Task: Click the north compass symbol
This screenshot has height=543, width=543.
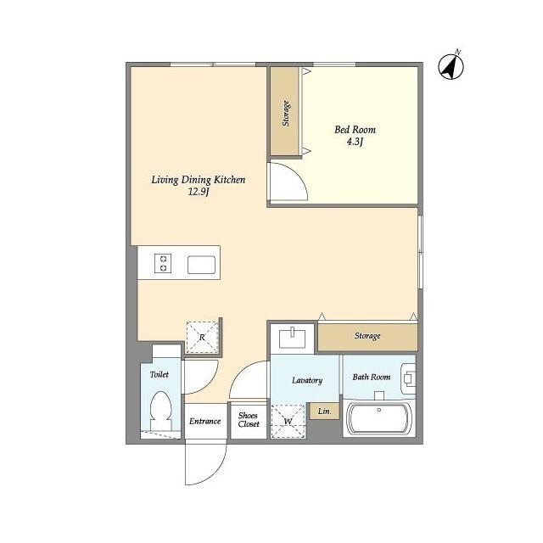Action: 451,66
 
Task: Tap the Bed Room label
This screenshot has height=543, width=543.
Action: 355,130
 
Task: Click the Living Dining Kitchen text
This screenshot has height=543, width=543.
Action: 199,180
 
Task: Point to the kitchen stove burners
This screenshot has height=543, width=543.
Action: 163,264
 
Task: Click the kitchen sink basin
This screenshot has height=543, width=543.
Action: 202,265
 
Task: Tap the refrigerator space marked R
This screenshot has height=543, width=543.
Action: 202,337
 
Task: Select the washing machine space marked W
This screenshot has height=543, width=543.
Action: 288,421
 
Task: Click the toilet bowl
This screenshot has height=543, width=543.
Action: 161,411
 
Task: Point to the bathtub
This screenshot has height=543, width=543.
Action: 379,418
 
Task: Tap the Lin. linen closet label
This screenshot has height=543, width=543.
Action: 324,411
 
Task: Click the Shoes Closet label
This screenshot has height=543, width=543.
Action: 249,419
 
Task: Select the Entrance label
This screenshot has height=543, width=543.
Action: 205,421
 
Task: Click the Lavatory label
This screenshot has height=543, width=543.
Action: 307,380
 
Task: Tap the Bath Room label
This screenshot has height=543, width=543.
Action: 372,377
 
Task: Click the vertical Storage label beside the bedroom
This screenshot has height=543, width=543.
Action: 286,113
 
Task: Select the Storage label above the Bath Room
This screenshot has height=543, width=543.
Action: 367,336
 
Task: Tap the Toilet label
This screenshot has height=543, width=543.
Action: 160,374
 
